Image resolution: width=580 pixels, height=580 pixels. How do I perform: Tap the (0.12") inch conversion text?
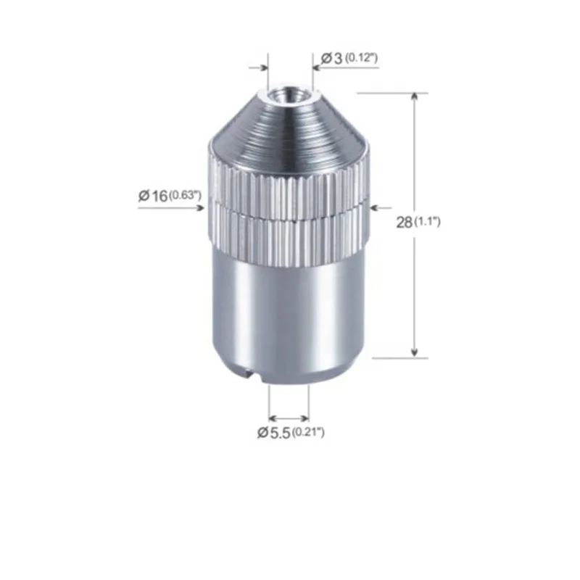tap(360, 57)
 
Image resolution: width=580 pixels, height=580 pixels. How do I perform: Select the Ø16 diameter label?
tap(153, 194)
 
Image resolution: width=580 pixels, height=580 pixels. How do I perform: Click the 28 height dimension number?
tap(405, 223)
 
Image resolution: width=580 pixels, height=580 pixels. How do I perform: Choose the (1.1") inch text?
tap(427, 223)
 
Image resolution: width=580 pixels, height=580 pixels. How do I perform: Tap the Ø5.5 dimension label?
tap(273, 433)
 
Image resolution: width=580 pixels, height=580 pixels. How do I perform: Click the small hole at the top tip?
tap(289, 94)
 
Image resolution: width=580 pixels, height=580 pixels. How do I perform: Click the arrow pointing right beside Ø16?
tap(200, 207)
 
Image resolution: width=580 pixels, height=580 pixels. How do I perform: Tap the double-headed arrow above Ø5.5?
tap(289, 418)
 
